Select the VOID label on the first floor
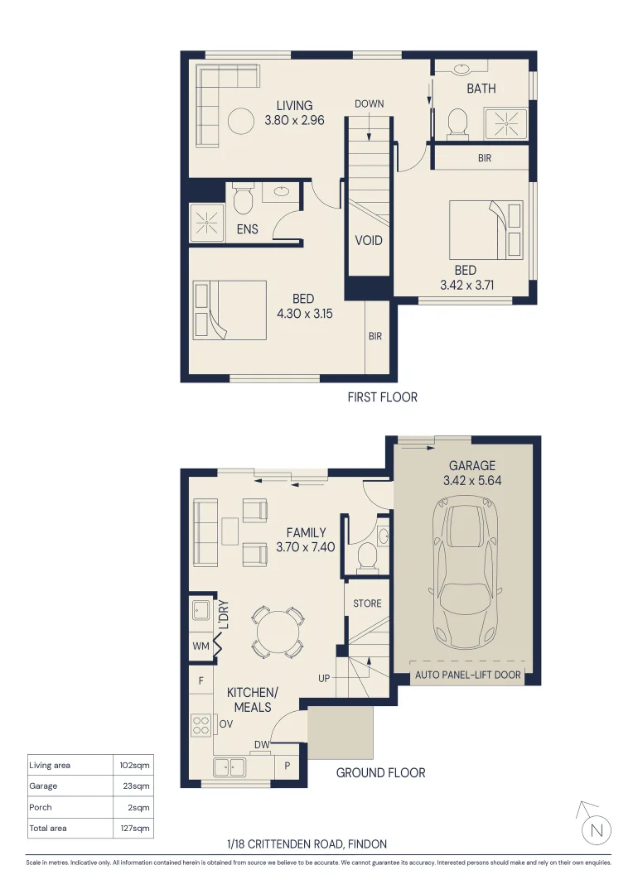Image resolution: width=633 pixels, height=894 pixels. tap(369, 240)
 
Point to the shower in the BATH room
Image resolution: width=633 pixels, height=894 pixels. tap(506, 123)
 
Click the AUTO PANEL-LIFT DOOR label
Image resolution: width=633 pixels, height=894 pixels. tap(468, 675)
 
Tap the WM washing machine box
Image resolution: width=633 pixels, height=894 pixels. tap(200, 646)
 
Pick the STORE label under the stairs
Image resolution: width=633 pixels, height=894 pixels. tap(367, 603)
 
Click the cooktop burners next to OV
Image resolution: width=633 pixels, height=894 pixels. tap(201, 725)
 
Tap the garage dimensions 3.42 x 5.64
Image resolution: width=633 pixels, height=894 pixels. tap(472, 480)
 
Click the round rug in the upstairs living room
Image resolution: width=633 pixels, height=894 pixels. tap(240, 122)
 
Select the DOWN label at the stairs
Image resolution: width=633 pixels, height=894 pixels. tap(369, 104)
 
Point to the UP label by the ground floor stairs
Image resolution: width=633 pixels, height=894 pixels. tap(325, 678)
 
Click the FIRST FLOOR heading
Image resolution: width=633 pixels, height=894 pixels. tap(382, 397)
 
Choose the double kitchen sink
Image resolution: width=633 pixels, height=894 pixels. tap(230, 767)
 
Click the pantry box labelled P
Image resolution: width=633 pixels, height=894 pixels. tap(287, 766)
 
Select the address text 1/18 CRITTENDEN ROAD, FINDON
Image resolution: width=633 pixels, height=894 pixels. tap(307, 844)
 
